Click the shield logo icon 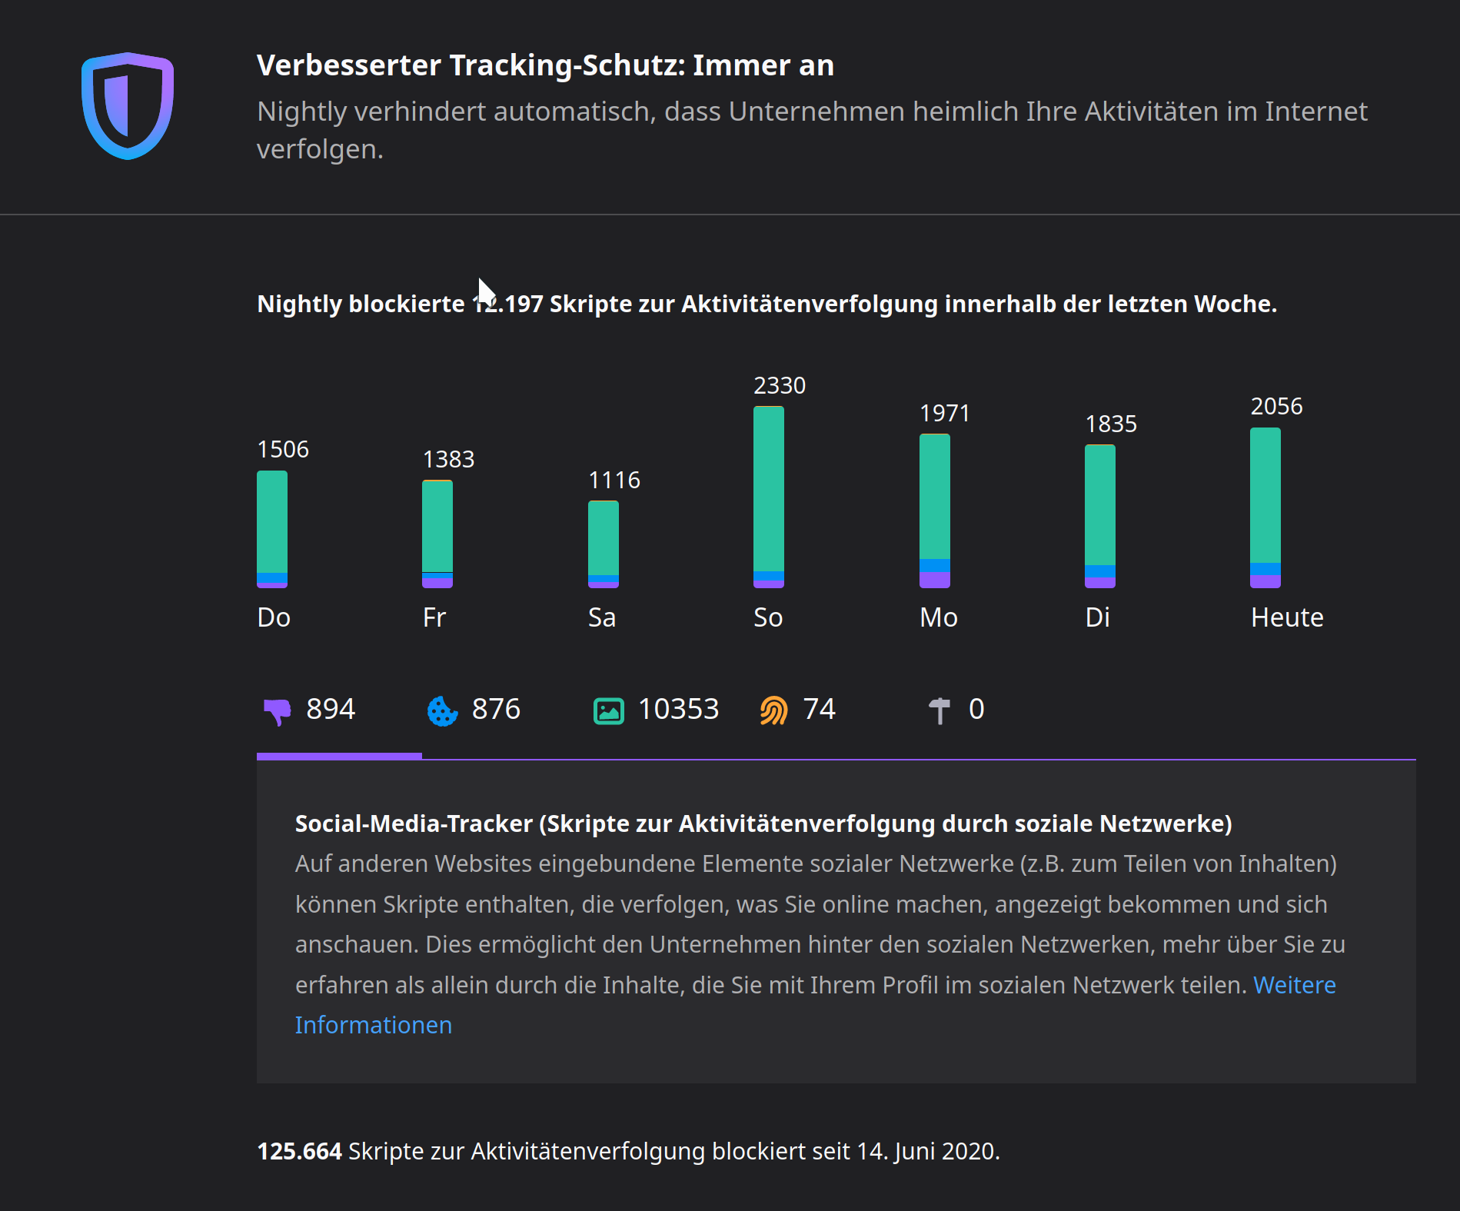tap(128, 105)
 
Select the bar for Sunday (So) tap(768, 497)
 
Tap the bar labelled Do tap(272, 529)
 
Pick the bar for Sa tap(603, 544)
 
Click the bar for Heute tap(1265, 507)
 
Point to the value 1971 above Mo tap(945, 414)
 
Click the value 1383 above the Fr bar tap(448, 460)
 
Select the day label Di tap(1097, 617)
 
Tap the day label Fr tap(434, 617)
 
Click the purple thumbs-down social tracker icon tap(278, 710)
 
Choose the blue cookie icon tap(442, 710)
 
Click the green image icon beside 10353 tap(608, 710)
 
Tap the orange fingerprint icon tap(773, 710)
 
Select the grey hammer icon tap(939, 710)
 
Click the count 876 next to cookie tap(496, 709)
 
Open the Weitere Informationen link tap(1294, 985)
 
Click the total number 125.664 tap(299, 1151)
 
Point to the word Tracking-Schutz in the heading tap(567, 66)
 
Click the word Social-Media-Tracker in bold tap(414, 823)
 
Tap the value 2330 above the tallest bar tap(779, 385)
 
